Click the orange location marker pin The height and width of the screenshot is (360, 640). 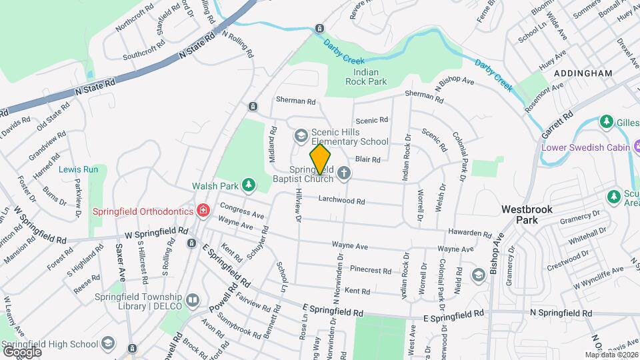pyautogui.click(x=320, y=159)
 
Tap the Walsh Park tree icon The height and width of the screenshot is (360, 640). pyautogui.click(x=249, y=184)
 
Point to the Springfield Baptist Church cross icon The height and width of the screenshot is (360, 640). pyautogui.click(x=343, y=173)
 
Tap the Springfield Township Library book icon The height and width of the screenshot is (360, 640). pyautogui.click(x=193, y=301)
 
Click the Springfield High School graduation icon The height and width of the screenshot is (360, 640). pyautogui.click(x=107, y=343)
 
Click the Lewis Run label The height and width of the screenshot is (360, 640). pyautogui.click(x=78, y=169)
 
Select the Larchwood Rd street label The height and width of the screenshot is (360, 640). pyautogui.click(x=341, y=200)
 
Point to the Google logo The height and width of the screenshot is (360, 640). pyautogui.click(x=23, y=351)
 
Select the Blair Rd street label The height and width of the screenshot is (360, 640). pyautogui.click(x=367, y=159)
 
